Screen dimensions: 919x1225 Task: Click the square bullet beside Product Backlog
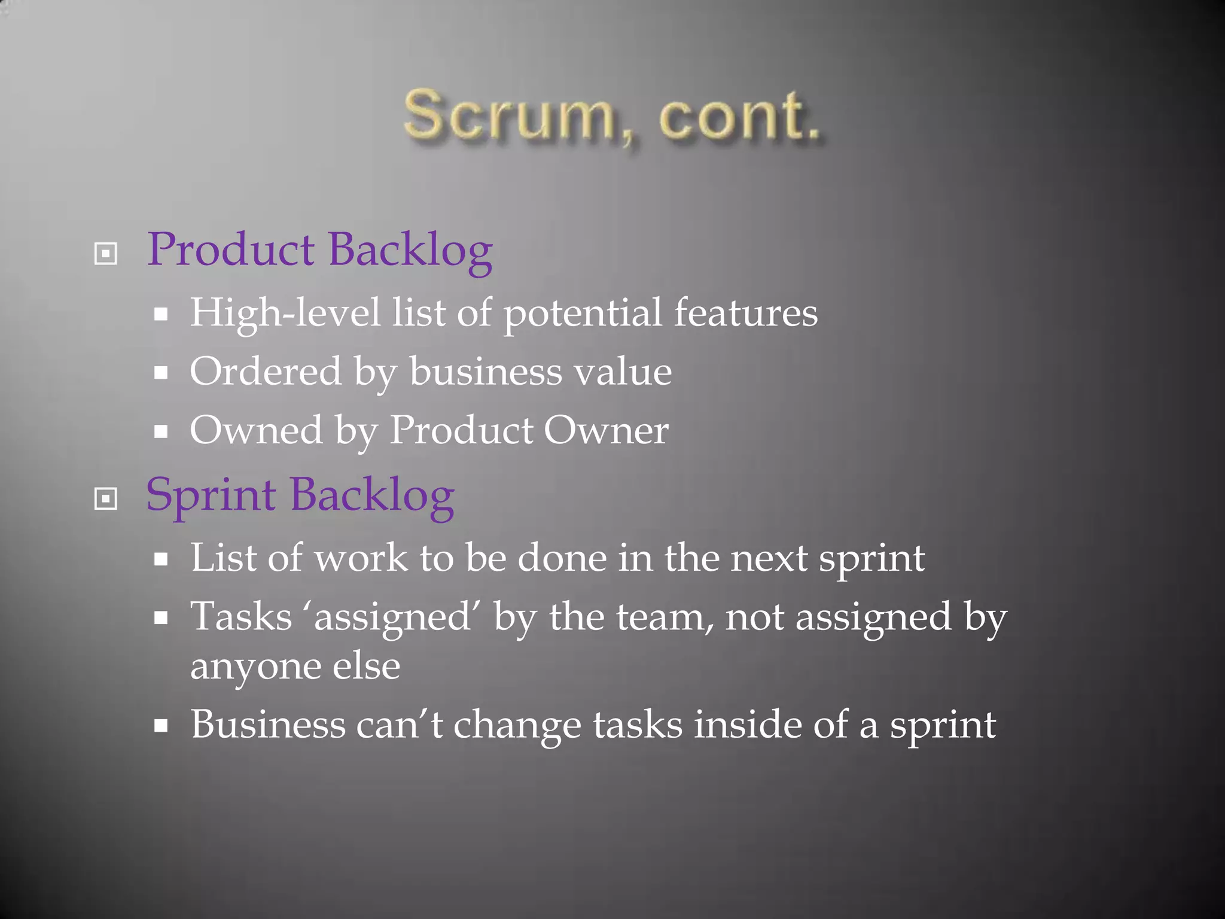tap(106, 254)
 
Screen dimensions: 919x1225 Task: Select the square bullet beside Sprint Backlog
tap(106, 498)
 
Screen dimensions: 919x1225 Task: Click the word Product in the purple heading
tap(231, 250)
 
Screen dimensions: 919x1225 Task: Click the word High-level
tap(285, 314)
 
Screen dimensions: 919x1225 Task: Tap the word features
tap(746, 314)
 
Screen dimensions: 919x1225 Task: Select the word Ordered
tap(266, 372)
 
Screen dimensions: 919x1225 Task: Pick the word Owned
tap(256, 430)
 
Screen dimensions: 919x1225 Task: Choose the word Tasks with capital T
tap(241, 617)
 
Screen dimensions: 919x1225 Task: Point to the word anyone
tap(255, 667)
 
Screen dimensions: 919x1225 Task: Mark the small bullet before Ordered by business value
tap(160, 373)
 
